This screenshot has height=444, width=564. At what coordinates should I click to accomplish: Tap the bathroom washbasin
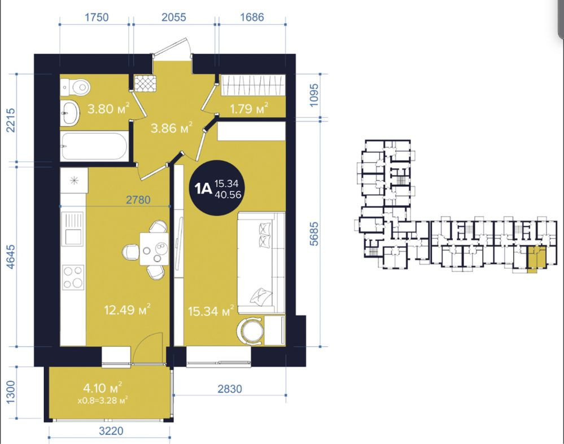coord(69,112)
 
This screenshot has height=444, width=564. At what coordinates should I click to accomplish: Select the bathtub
coord(94,146)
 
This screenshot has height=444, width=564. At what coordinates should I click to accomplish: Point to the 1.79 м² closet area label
coord(249,108)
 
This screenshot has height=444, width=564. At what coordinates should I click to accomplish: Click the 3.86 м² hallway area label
coord(172,128)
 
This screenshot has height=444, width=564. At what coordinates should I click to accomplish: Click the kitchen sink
coord(73,229)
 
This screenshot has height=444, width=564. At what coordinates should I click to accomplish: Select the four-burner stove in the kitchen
coord(73,278)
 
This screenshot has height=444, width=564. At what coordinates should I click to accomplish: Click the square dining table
coord(154,249)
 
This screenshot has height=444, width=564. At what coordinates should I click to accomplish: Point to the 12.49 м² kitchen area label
coord(128,310)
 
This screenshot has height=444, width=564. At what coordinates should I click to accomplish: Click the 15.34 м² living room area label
coord(211,311)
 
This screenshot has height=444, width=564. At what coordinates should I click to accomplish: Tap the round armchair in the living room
coord(250,331)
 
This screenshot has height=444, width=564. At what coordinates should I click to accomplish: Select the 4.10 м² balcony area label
coord(103,388)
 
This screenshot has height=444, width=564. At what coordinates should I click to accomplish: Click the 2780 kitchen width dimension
coord(138,200)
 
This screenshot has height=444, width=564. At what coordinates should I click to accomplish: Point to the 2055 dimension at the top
coord(174,17)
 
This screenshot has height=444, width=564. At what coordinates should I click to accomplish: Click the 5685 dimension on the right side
coord(314,234)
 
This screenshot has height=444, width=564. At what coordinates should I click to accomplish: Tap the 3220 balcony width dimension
coord(111,430)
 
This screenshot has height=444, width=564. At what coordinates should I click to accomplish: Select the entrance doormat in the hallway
coord(146,83)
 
